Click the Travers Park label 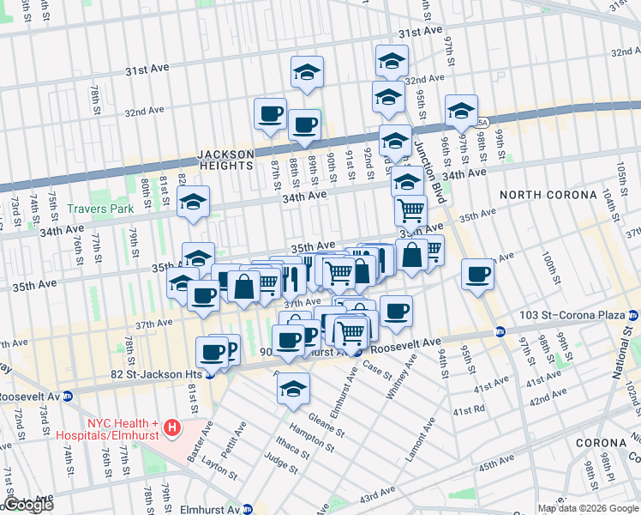(102, 209)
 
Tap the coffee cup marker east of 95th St (477, 275)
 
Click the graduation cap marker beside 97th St (461, 109)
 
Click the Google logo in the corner (29, 506)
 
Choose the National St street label (627, 352)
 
